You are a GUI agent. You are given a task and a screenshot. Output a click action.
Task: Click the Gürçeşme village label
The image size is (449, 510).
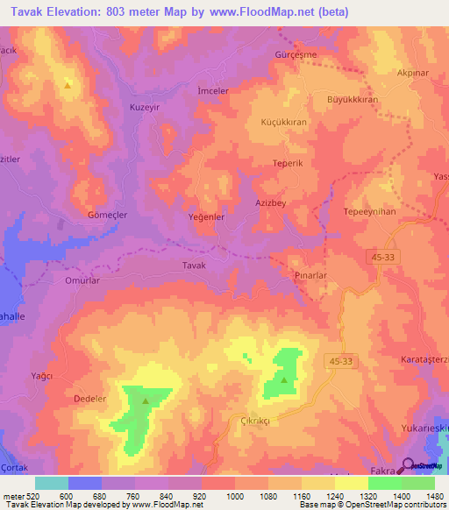tap(296, 54)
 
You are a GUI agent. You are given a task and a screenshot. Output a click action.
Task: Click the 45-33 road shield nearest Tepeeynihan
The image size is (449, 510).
tap(382, 255)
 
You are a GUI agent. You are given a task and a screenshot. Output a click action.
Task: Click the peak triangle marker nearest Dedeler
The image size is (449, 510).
tap(145, 400)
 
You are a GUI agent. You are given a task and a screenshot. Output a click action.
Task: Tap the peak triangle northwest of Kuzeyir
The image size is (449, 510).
tap(67, 85)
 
